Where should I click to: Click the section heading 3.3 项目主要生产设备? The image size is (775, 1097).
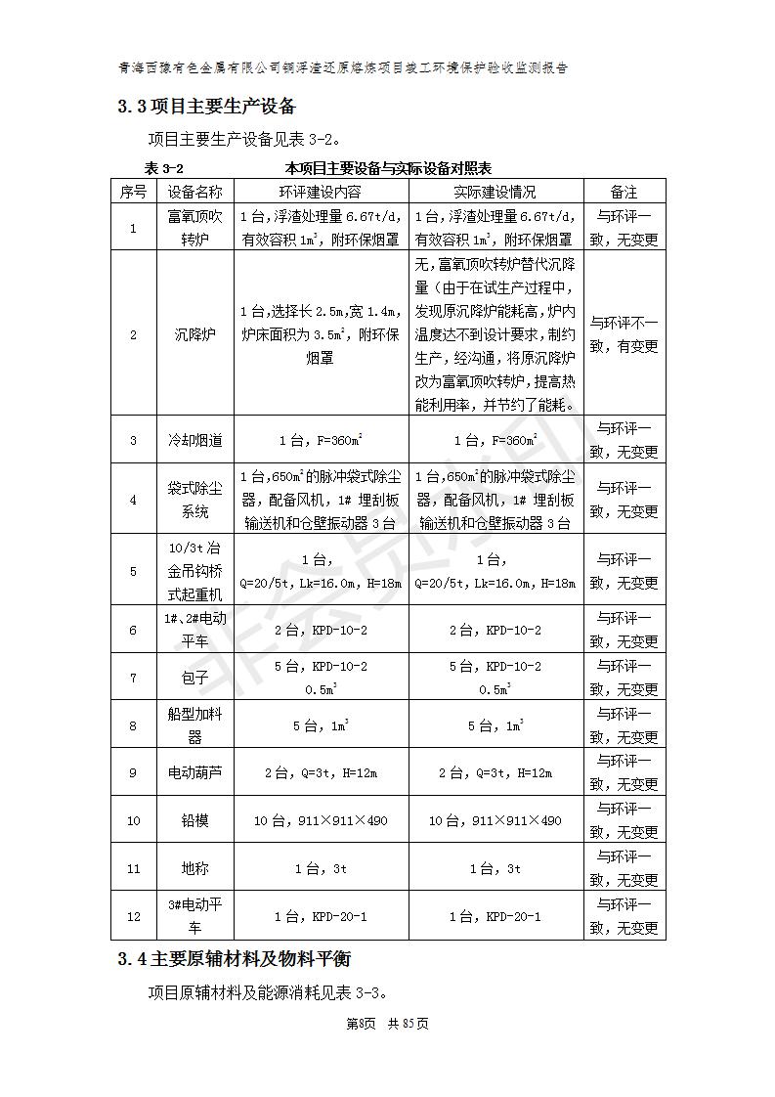tap(206, 106)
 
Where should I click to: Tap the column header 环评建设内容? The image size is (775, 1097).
tap(320, 193)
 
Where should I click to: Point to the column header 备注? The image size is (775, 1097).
tap(624, 193)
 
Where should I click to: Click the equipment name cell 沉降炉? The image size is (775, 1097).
tap(194, 334)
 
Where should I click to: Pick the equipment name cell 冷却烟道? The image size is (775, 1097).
tap(194, 440)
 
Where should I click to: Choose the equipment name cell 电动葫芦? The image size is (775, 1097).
tap(194, 772)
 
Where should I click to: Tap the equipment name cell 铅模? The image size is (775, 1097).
tap(194, 820)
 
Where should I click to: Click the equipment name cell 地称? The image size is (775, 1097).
tap(194, 868)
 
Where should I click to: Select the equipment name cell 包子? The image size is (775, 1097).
tap(194, 677)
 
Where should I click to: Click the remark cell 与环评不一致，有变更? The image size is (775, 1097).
tap(624, 334)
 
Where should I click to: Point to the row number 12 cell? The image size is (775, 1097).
tap(134, 916)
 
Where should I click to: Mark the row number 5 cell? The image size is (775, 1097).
tap(134, 571)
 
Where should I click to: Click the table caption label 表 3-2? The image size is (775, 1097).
tap(163, 169)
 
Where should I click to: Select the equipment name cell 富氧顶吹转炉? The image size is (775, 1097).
tap(194, 228)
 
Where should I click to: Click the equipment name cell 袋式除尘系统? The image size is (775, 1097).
tap(194, 500)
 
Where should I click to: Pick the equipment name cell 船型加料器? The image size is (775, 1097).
tap(194, 725)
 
